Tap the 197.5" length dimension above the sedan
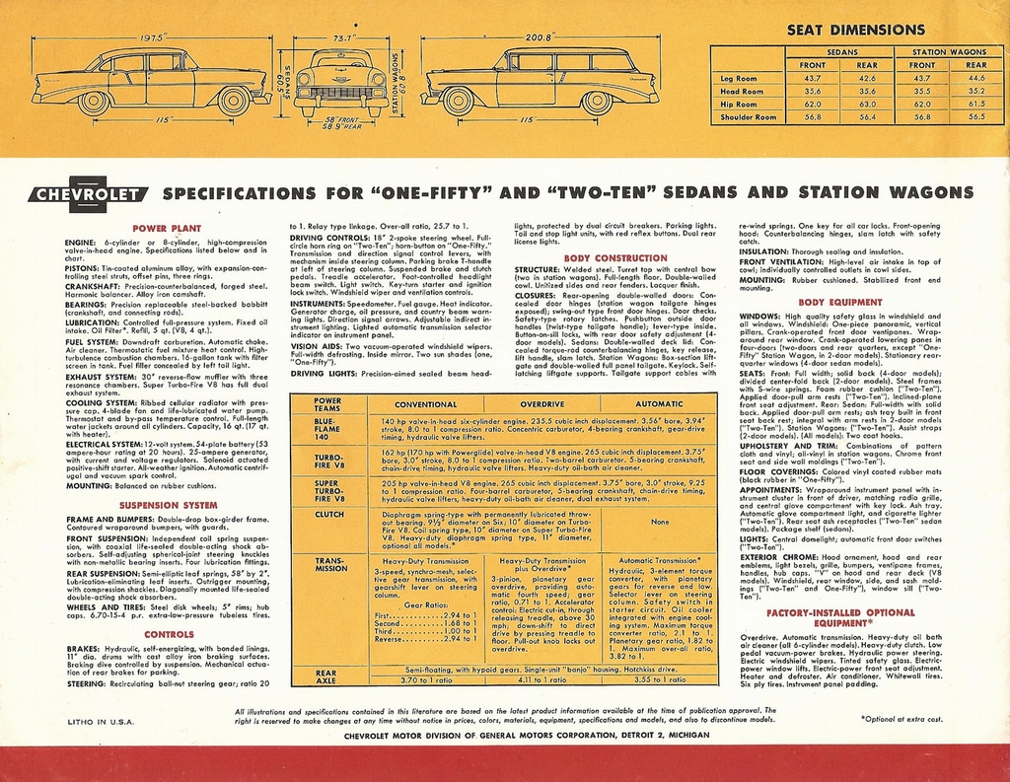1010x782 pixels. tap(151, 37)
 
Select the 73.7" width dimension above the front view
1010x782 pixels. tap(342, 37)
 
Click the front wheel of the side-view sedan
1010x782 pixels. tap(234, 100)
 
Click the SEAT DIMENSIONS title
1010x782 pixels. tap(855, 31)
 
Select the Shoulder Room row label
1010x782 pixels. tap(748, 116)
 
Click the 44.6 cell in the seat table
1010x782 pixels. tap(976, 77)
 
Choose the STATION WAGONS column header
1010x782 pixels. tap(949, 50)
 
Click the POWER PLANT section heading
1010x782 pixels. tap(167, 228)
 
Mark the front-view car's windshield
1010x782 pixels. tap(341, 62)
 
